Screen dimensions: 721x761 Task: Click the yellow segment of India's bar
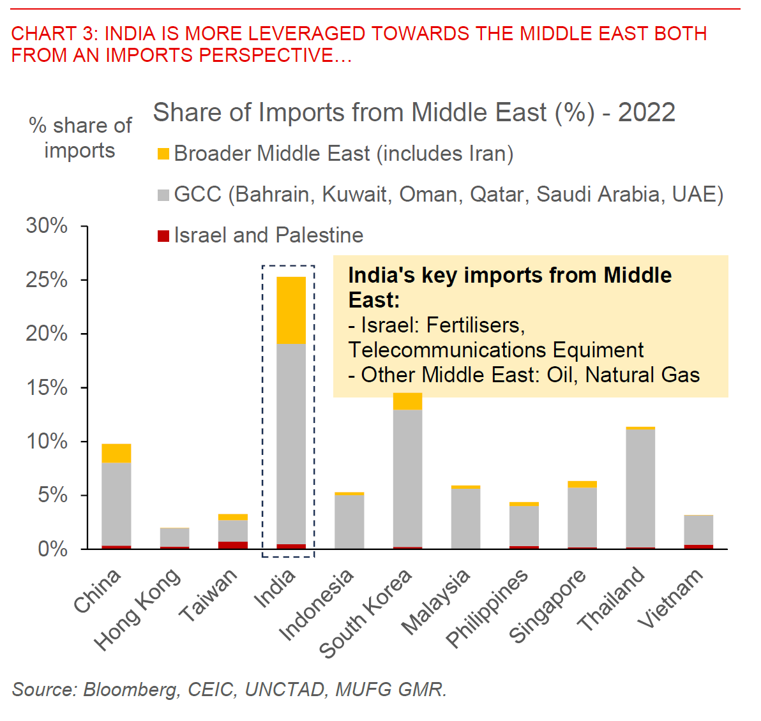pyautogui.click(x=290, y=310)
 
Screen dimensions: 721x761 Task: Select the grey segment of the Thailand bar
pyautogui.click(x=640, y=488)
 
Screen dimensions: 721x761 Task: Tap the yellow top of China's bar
pyautogui.click(x=116, y=453)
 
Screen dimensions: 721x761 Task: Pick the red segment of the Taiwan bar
pyautogui.click(x=233, y=545)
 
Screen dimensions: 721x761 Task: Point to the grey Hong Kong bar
pyautogui.click(x=174, y=537)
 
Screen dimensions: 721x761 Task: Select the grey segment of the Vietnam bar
pyautogui.click(x=698, y=530)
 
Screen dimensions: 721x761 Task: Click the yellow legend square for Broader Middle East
pyautogui.click(x=163, y=154)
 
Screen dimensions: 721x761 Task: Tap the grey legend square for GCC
pyautogui.click(x=163, y=195)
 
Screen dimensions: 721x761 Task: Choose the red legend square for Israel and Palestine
pyautogui.click(x=163, y=235)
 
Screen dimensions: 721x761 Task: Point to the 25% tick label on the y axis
pyautogui.click(x=47, y=279)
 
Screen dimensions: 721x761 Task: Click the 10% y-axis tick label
pyautogui.click(x=47, y=441)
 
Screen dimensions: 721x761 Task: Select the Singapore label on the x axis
pyautogui.click(x=547, y=606)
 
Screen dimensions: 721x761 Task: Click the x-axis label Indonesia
pyautogui.click(x=317, y=604)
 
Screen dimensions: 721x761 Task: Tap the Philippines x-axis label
pyautogui.click(x=486, y=607)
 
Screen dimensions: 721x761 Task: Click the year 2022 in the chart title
pyautogui.click(x=646, y=112)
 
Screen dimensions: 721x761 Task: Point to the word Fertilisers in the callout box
pyautogui.click(x=475, y=325)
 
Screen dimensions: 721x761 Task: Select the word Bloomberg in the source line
pyautogui.click(x=132, y=690)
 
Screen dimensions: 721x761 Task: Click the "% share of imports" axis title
pyautogui.click(x=80, y=138)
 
